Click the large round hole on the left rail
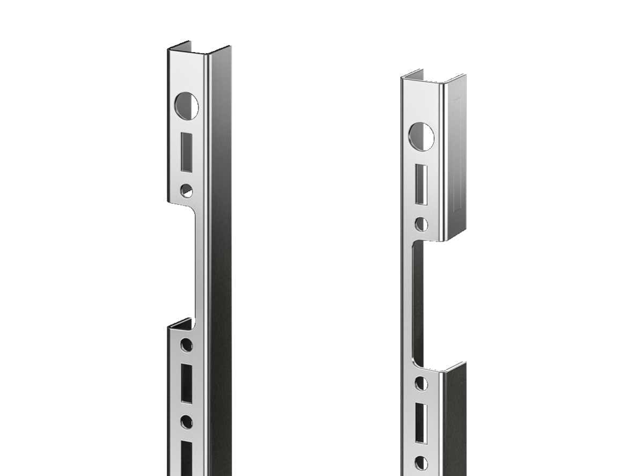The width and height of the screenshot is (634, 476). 186,106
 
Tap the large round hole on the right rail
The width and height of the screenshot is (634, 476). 422,136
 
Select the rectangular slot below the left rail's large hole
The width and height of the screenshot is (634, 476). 186,152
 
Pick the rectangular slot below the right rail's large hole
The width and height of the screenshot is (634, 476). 422,185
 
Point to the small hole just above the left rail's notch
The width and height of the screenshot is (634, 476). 186,190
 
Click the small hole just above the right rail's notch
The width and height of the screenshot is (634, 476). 422,224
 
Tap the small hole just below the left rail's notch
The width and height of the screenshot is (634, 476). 186,345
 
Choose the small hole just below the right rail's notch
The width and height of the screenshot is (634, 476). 422,383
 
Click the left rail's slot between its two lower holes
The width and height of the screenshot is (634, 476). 186,383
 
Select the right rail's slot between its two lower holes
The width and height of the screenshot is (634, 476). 422,423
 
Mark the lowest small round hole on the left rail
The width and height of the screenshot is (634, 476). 186,422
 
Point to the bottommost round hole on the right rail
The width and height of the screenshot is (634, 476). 422,463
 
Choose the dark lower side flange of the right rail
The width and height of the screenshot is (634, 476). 454,419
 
